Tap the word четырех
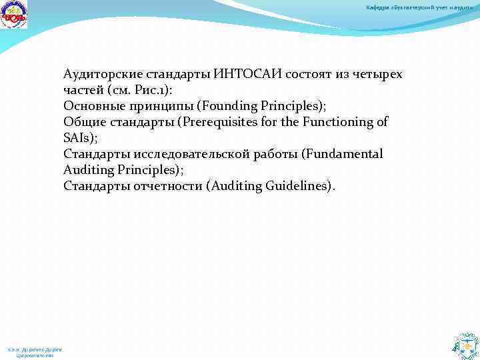click(x=378, y=74)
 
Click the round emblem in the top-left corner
click(x=13, y=15)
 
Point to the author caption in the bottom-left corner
click(x=35, y=352)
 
